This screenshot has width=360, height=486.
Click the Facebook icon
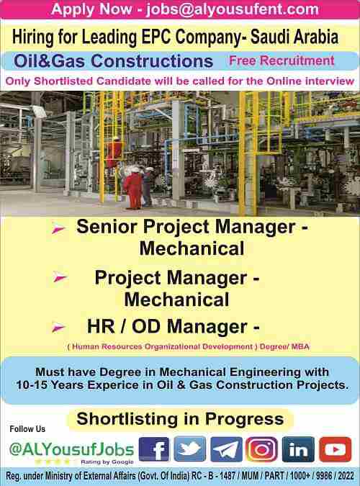154,449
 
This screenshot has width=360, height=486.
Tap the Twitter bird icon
190,449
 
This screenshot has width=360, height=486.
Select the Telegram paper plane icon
226,449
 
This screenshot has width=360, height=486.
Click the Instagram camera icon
261,449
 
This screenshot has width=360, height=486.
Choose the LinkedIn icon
298,449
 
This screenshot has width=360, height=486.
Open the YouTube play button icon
336,449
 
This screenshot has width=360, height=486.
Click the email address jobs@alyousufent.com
233,9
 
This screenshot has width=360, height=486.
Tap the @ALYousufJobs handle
71,449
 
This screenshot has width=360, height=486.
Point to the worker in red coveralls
133,189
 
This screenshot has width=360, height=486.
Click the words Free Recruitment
282,60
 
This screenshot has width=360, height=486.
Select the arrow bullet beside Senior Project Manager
58,229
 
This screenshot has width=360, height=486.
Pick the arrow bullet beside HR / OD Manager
58,328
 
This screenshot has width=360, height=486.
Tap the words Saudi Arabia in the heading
294,37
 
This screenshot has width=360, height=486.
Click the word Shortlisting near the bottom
127,419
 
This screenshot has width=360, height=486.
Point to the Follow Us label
27,429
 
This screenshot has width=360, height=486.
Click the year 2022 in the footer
346,475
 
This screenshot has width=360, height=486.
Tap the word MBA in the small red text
300,346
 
